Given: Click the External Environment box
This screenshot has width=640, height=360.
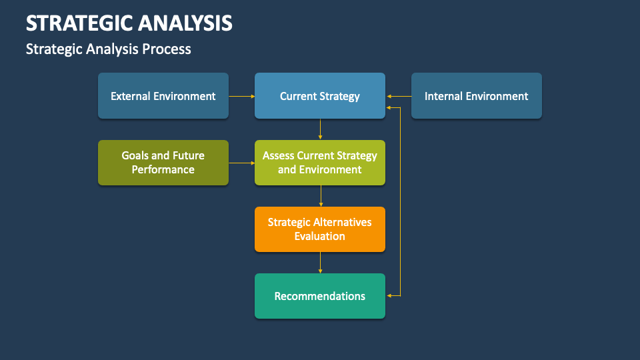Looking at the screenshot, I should pyautogui.click(x=163, y=96).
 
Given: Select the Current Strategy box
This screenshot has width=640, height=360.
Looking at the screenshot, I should pyautogui.click(x=320, y=96).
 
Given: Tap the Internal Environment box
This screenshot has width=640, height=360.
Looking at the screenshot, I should pyautogui.click(x=476, y=96).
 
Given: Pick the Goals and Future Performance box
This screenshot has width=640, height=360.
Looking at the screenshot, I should pyautogui.click(x=163, y=163).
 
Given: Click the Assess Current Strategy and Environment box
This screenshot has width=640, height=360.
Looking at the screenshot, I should pyautogui.click(x=320, y=163).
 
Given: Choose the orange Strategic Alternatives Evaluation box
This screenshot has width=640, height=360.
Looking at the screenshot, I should pyautogui.click(x=320, y=229).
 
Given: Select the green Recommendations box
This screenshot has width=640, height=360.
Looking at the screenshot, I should pyautogui.click(x=320, y=296).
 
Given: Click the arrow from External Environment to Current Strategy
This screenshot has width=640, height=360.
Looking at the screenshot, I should pyautogui.click(x=241, y=96).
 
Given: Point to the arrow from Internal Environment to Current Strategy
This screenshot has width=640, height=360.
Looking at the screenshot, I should pyautogui.click(x=398, y=96).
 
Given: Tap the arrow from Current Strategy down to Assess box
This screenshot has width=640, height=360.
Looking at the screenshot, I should pyautogui.click(x=321, y=129).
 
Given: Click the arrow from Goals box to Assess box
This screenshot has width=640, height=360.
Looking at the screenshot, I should pyautogui.click(x=241, y=163).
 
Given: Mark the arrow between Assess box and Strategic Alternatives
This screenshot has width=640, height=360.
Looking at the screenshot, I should pyautogui.click(x=321, y=196).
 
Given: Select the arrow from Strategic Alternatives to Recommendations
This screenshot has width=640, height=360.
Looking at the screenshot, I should pyautogui.click(x=321, y=263).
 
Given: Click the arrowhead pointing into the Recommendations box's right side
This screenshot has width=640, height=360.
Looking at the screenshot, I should pyautogui.click(x=389, y=295).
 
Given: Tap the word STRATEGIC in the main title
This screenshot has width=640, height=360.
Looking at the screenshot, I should pyautogui.click(x=79, y=23).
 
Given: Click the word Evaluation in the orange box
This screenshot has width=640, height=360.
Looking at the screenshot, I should pyautogui.click(x=320, y=236).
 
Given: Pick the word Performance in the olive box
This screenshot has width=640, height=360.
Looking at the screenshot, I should pyautogui.click(x=163, y=169).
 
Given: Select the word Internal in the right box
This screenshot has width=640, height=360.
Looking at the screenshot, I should pyautogui.click(x=443, y=96).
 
